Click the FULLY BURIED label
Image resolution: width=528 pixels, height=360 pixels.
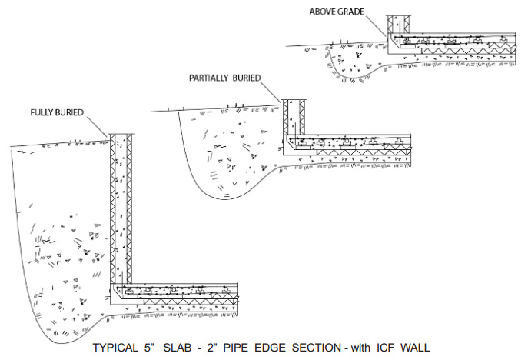click(x=56, y=112)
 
